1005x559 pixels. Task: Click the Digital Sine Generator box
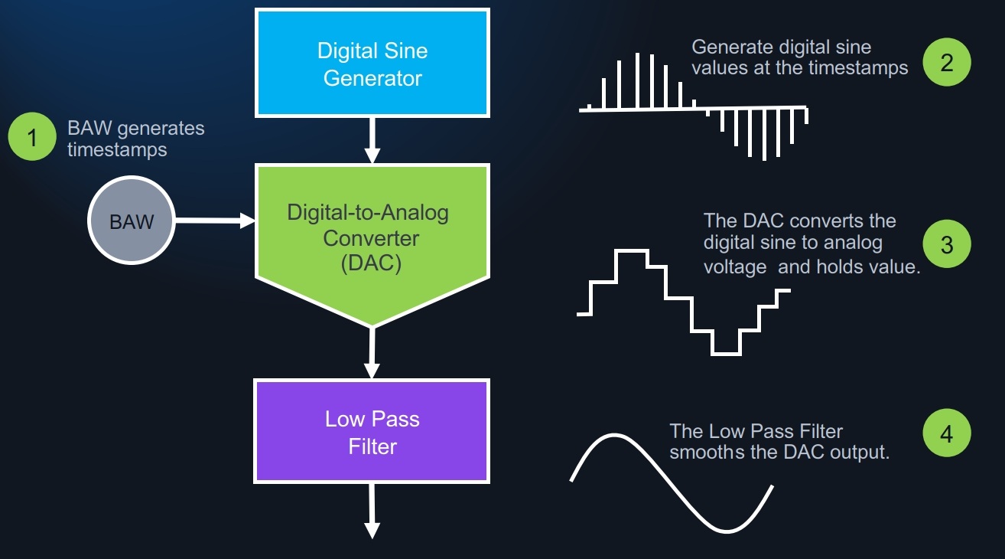click(x=372, y=63)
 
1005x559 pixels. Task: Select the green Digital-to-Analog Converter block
click(x=372, y=230)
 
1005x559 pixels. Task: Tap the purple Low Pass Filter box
click(x=372, y=432)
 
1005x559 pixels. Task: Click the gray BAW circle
click(x=132, y=222)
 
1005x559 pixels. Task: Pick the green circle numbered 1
click(x=32, y=139)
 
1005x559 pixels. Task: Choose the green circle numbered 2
click(x=946, y=62)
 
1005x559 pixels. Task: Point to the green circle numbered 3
click(x=946, y=245)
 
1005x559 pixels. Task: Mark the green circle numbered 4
click(x=946, y=433)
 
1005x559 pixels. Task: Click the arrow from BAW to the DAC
click(x=214, y=221)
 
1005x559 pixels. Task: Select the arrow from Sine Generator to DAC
click(x=372, y=139)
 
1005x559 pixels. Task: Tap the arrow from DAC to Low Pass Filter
click(x=372, y=352)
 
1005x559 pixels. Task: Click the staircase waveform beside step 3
click(x=681, y=299)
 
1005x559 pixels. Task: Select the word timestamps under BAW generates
click(x=117, y=149)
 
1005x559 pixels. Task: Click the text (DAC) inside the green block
click(x=372, y=263)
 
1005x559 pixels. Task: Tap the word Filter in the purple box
click(x=372, y=446)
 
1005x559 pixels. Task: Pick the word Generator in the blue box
click(x=372, y=77)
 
